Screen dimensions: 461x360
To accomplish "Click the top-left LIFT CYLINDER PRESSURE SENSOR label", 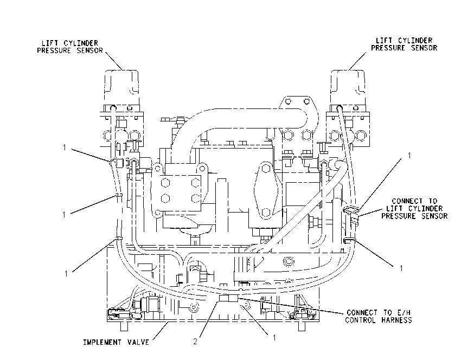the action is tap(70, 47).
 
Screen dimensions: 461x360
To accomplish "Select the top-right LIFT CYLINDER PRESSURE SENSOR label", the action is tap(404, 44).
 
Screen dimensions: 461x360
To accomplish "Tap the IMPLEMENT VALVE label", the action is tap(116, 342).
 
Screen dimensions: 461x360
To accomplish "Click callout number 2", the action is tap(195, 342).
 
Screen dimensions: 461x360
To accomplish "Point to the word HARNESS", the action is tap(396, 320).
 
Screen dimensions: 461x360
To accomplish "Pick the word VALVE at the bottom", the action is tap(138, 342).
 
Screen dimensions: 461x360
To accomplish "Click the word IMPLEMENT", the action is tap(103, 342).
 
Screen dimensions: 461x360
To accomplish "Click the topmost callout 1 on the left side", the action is tap(65, 147).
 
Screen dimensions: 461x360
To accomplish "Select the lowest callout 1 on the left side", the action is tap(66, 274).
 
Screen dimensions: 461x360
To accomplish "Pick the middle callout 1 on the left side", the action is tap(64, 215).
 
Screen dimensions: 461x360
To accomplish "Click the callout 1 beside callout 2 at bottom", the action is tap(274, 338).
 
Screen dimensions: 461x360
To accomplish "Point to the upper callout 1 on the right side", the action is tap(409, 156).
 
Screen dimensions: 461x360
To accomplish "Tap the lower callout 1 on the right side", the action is tap(401, 268).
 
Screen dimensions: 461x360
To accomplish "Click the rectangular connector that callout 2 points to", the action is tap(228, 298).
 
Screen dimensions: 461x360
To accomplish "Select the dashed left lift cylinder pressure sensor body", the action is tap(121, 87).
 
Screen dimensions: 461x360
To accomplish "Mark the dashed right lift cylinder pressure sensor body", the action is tap(348, 87).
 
